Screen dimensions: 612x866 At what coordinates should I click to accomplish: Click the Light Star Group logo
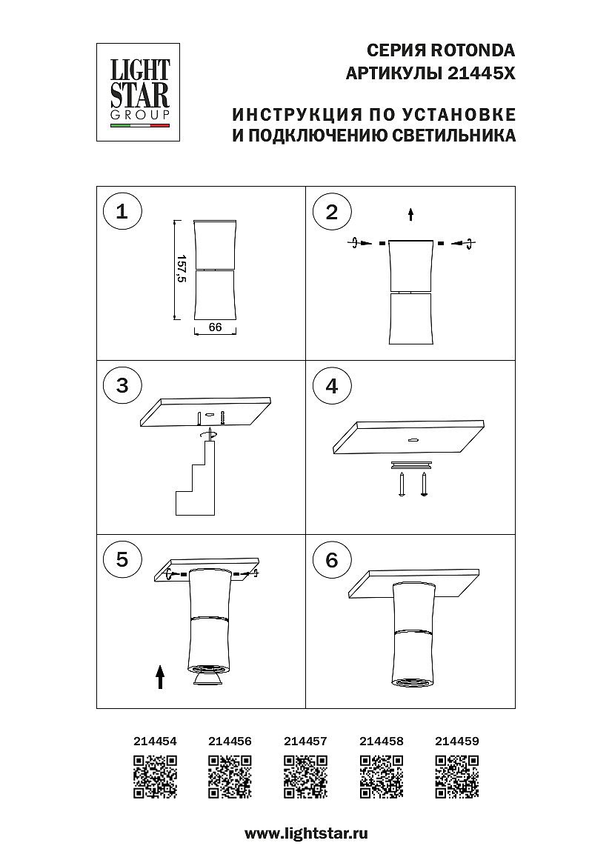click(x=138, y=92)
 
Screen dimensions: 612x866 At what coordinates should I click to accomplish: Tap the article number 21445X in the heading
click(x=481, y=73)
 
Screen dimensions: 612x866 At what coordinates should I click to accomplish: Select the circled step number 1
click(x=122, y=212)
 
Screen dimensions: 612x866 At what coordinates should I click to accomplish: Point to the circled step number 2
click(x=331, y=212)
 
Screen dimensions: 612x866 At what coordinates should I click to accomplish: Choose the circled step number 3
click(x=122, y=385)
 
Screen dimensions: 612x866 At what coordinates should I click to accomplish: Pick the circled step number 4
click(x=331, y=385)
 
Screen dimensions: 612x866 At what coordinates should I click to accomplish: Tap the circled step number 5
click(x=122, y=559)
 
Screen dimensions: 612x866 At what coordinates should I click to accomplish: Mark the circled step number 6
click(x=331, y=559)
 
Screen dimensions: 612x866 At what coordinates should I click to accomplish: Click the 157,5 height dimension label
click(x=181, y=269)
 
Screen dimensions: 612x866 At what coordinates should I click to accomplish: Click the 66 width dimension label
click(x=215, y=327)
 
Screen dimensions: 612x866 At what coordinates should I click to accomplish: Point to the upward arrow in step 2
click(x=410, y=214)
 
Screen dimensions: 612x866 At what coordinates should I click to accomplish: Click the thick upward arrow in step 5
click(x=160, y=677)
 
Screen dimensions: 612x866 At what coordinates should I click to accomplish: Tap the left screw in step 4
click(x=403, y=484)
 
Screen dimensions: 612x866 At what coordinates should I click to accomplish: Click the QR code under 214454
click(x=155, y=777)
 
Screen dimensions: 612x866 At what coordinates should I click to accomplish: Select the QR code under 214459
click(x=457, y=777)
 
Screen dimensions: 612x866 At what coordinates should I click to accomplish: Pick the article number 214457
click(x=305, y=742)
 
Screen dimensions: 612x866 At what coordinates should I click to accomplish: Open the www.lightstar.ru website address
click(x=306, y=833)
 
